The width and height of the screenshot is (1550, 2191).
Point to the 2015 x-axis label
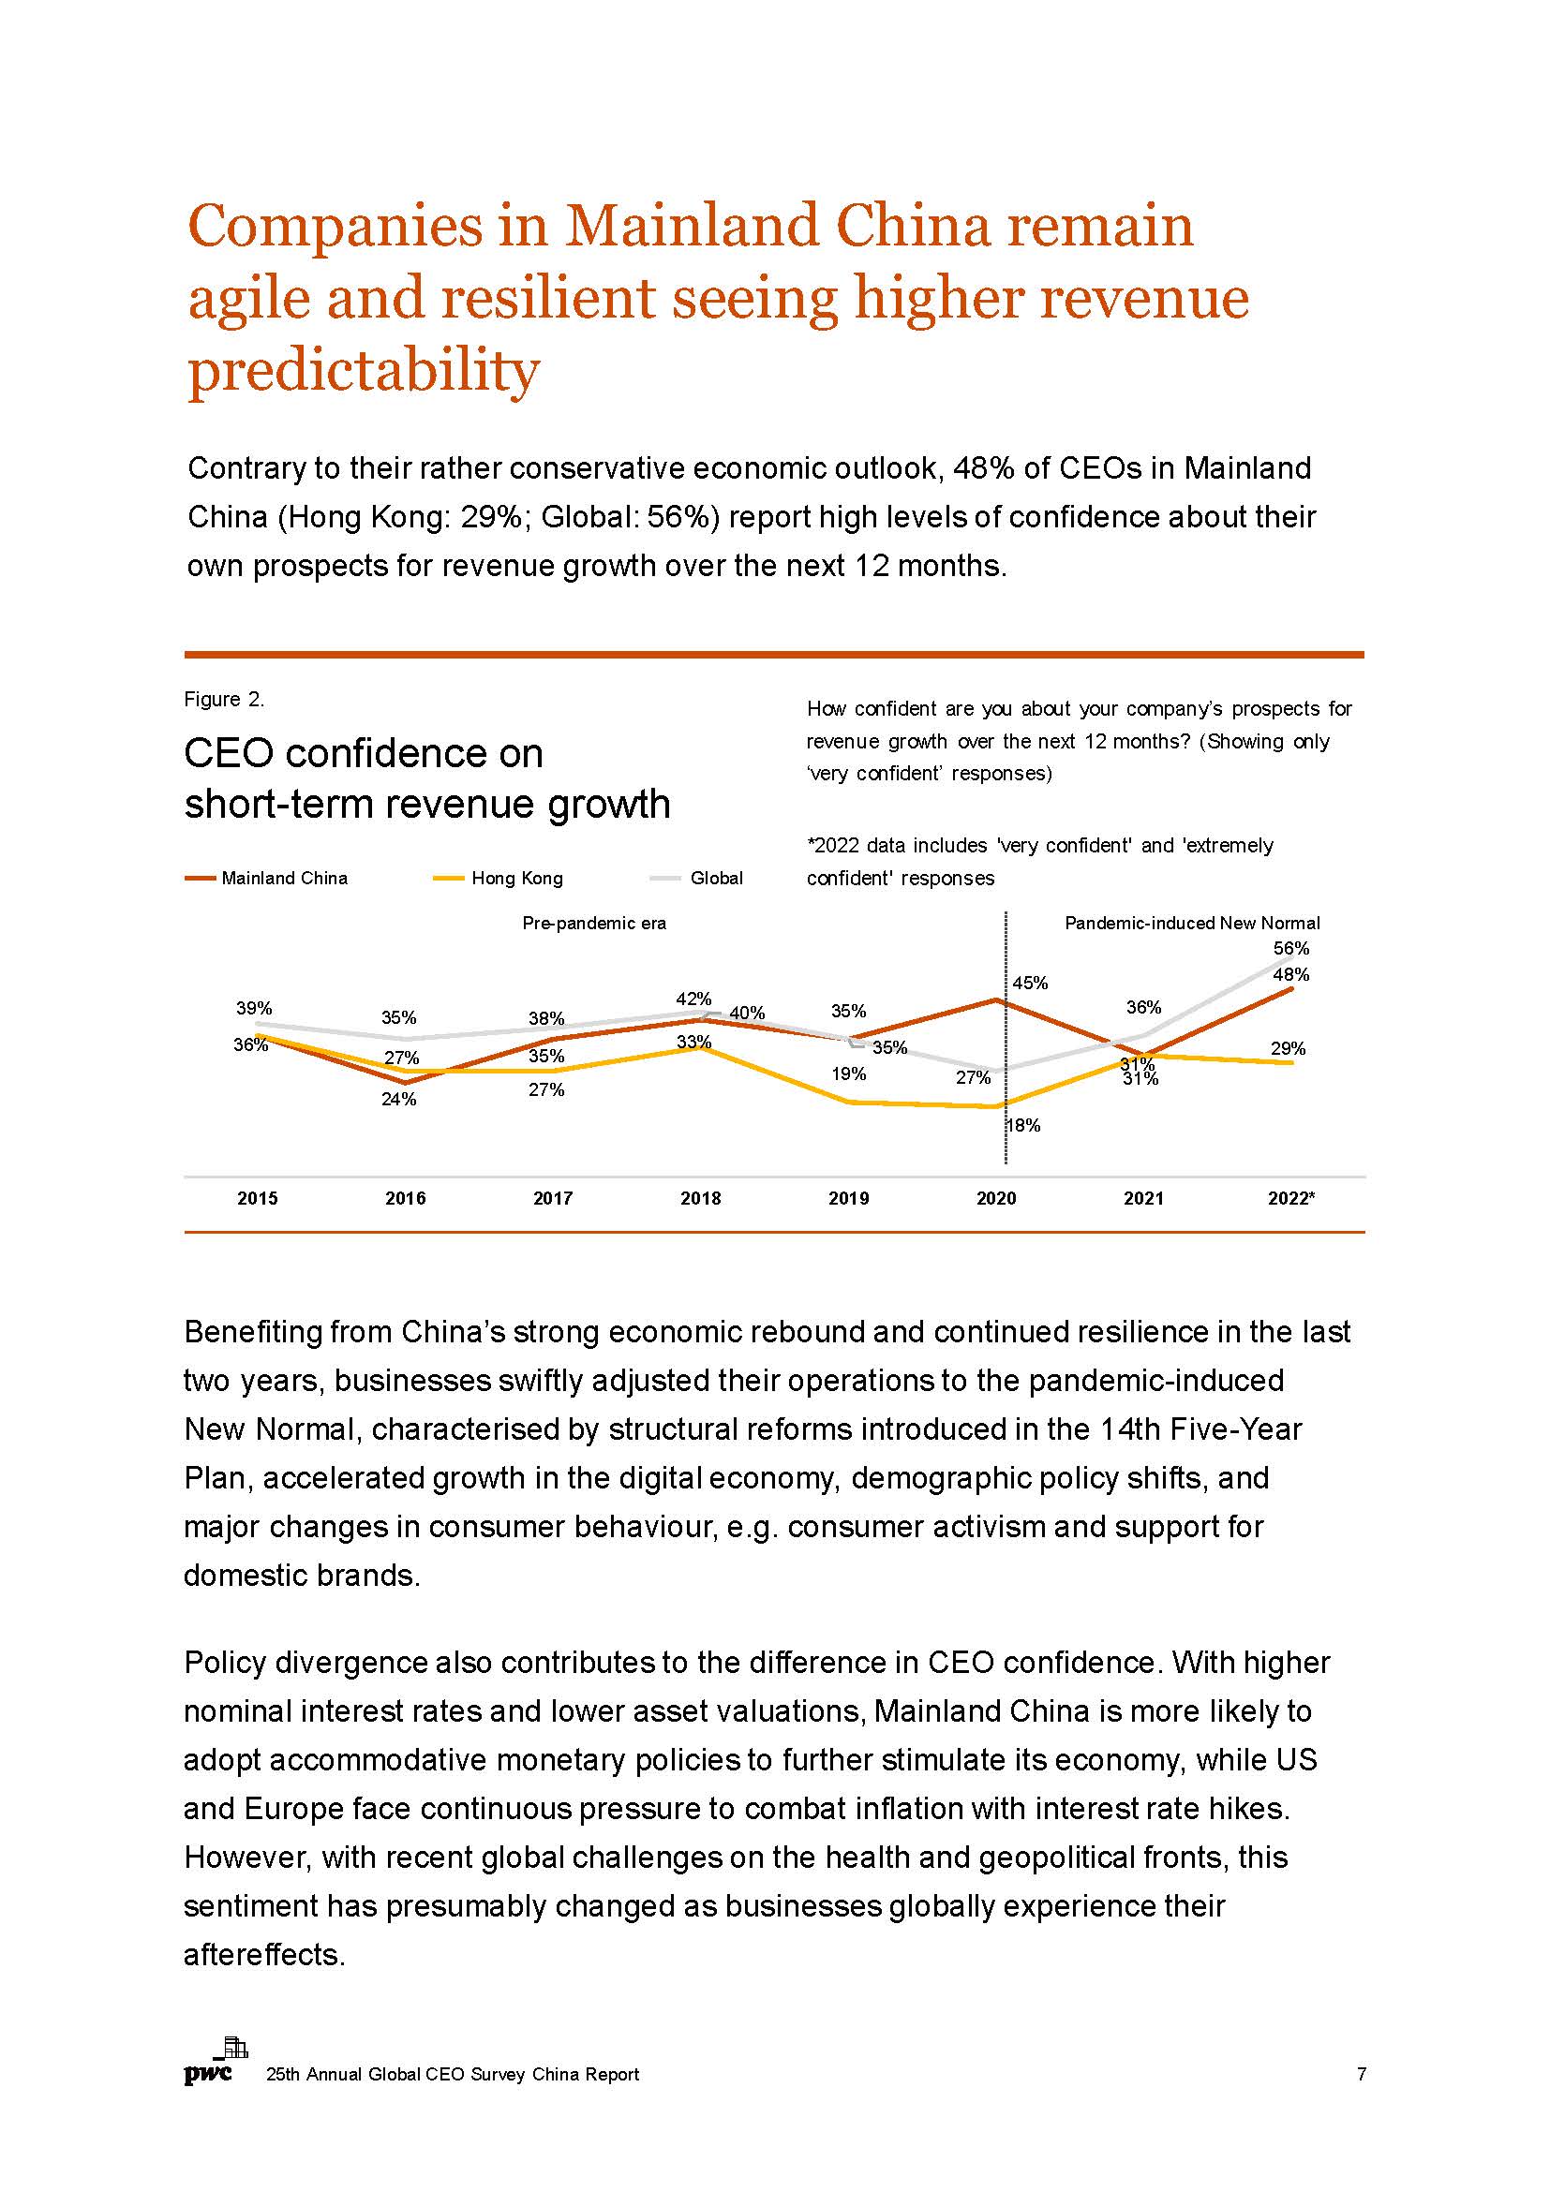(x=258, y=1199)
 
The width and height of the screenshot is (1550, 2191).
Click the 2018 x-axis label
(x=701, y=1199)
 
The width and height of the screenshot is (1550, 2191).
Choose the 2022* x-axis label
(x=1291, y=1199)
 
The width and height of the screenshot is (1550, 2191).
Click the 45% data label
(x=1030, y=983)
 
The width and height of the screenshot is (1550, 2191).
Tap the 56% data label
(x=1291, y=949)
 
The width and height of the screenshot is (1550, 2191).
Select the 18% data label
(x=1023, y=1126)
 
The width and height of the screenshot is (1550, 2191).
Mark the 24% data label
(x=399, y=1100)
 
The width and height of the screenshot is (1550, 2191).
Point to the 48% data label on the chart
(x=1291, y=974)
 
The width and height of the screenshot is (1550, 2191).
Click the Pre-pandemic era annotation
(x=593, y=923)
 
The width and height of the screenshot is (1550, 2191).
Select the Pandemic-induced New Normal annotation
(x=1192, y=923)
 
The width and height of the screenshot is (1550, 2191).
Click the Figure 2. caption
(x=224, y=700)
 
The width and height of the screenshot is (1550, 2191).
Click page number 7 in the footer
(x=1362, y=2074)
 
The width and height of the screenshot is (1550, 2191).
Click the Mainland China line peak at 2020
(x=997, y=1000)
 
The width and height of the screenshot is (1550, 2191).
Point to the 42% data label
(x=693, y=999)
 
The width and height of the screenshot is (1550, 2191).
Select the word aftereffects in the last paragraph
(x=263, y=1954)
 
